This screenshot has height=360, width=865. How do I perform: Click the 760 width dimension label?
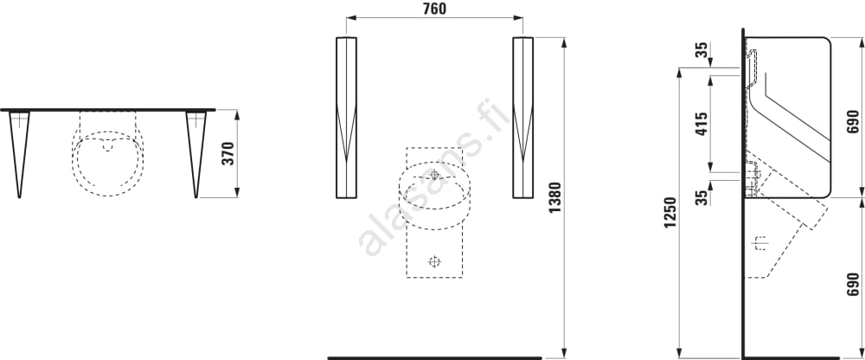pyautogui.click(x=434, y=9)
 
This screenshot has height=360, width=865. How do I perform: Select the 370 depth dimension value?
pyautogui.click(x=227, y=153)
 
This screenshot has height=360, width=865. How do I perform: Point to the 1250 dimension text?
pyautogui.click(x=670, y=213)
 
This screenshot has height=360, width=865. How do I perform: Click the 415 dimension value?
pyautogui.click(x=701, y=125)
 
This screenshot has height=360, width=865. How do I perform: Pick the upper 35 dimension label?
pyautogui.click(x=701, y=49)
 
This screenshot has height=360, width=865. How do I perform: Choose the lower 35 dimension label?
pyautogui.click(x=701, y=197)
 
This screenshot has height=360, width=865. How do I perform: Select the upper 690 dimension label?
pyautogui.click(x=853, y=121)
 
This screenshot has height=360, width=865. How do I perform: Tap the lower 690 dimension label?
pyautogui.click(x=853, y=283)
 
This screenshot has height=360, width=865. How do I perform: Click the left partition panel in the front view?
pyautogui.click(x=346, y=118)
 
